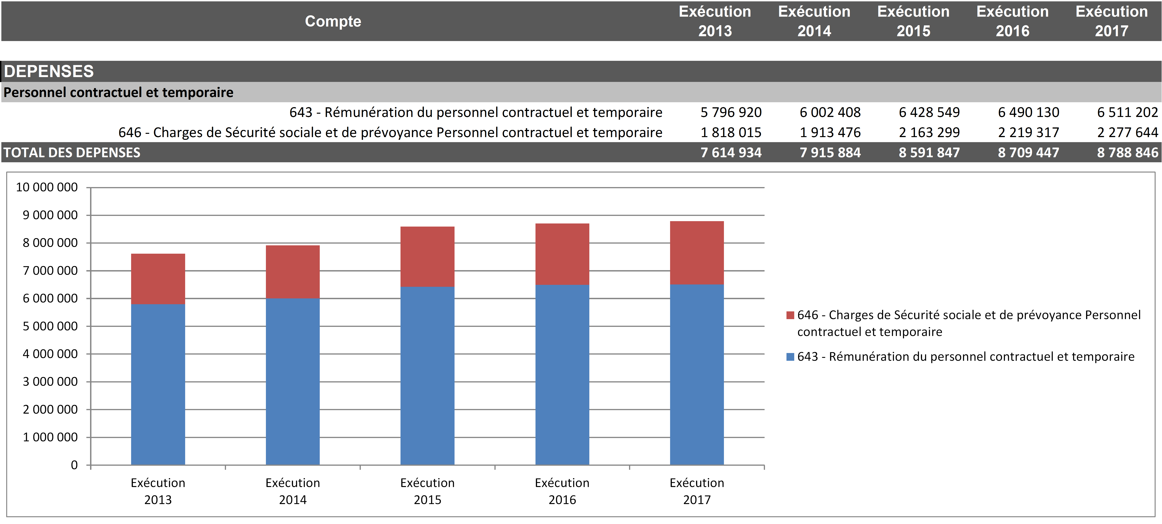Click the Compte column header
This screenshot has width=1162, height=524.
[333, 21]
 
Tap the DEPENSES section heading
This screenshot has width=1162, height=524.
[49, 71]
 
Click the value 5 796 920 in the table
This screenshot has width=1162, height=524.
[731, 112]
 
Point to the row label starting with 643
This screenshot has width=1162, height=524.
[476, 112]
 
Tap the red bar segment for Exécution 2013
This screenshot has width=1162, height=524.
[158, 279]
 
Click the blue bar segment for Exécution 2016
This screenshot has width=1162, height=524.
[562, 374]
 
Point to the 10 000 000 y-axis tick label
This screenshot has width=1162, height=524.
[47, 187]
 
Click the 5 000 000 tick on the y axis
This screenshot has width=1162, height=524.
[50, 326]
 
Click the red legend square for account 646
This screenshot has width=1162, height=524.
[790, 315]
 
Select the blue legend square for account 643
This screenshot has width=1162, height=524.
[790, 357]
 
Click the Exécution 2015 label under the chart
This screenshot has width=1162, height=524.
[427, 491]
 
